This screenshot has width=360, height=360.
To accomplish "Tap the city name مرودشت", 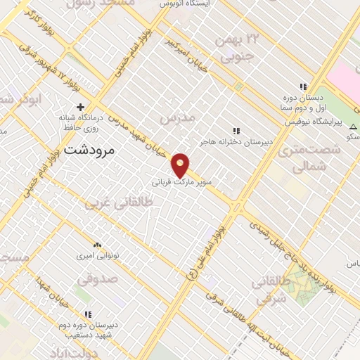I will click(x=89, y=150).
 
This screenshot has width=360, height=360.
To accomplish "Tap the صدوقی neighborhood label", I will click(x=94, y=280).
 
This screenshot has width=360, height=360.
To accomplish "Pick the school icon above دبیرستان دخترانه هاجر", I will click(x=236, y=131).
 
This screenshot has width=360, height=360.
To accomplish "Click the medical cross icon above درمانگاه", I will click(x=82, y=106).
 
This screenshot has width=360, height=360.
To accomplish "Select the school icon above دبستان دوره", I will click(x=303, y=86).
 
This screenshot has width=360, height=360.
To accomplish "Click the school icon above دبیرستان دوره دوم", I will click(x=87, y=314).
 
